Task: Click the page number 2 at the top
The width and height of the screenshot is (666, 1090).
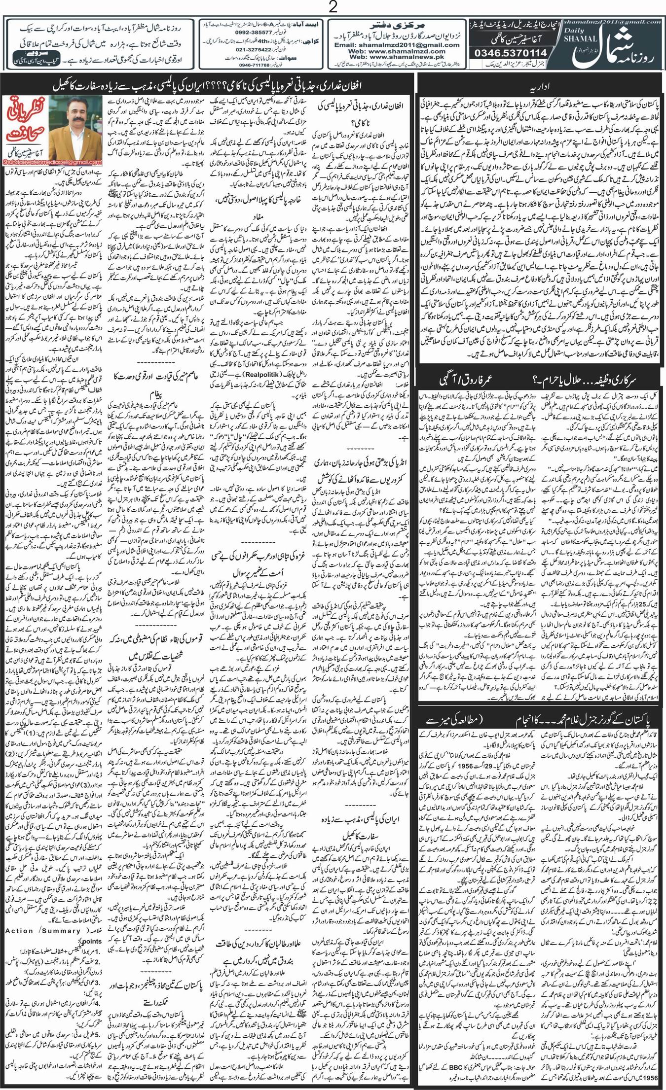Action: [x=333, y=7]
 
